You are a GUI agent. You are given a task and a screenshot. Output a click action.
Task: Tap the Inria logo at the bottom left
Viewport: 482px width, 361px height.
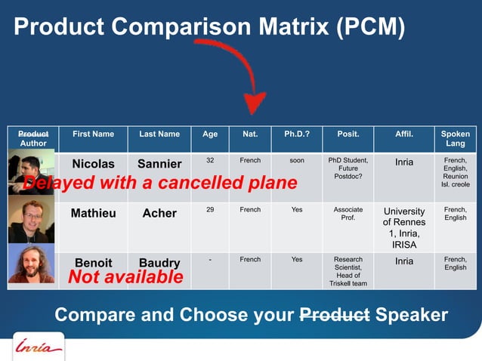pyautogui.click(x=38, y=348)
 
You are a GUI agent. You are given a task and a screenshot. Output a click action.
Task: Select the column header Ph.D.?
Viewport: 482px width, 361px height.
pyautogui.click(x=296, y=134)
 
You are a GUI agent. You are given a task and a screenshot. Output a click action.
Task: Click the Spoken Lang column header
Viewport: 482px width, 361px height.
pyautogui.click(x=456, y=138)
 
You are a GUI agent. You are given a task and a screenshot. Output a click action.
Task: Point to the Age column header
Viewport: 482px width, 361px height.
pyautogui.click(x=210, y=134)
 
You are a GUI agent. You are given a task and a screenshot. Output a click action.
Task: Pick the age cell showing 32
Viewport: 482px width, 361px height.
pyautogui.click(x=210, y=161)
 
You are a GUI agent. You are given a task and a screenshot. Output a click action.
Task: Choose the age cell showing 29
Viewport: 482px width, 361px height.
pyautogui.click(x=210, y=210)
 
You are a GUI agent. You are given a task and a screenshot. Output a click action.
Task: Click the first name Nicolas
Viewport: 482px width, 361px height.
pyautogui.click(x=93, y=164)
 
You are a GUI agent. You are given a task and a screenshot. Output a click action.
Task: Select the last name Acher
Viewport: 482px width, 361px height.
pyautogui.click(x=159, y=213)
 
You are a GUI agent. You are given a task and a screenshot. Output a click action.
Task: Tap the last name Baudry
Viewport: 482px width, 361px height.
pyautogui.click(x=159, y=263)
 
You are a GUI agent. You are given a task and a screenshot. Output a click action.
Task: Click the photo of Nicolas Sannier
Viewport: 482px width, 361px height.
pyautogui.click(x=31, y=172)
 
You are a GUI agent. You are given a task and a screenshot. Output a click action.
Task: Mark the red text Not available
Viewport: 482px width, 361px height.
pyautogui.click(x=125, y=278)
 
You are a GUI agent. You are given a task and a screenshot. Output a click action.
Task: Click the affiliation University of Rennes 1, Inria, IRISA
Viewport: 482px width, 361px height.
pyautogui.click(x=404, y=228)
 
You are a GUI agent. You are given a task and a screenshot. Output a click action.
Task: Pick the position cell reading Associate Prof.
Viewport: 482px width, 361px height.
pyautogui.click(x=348, y=214)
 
